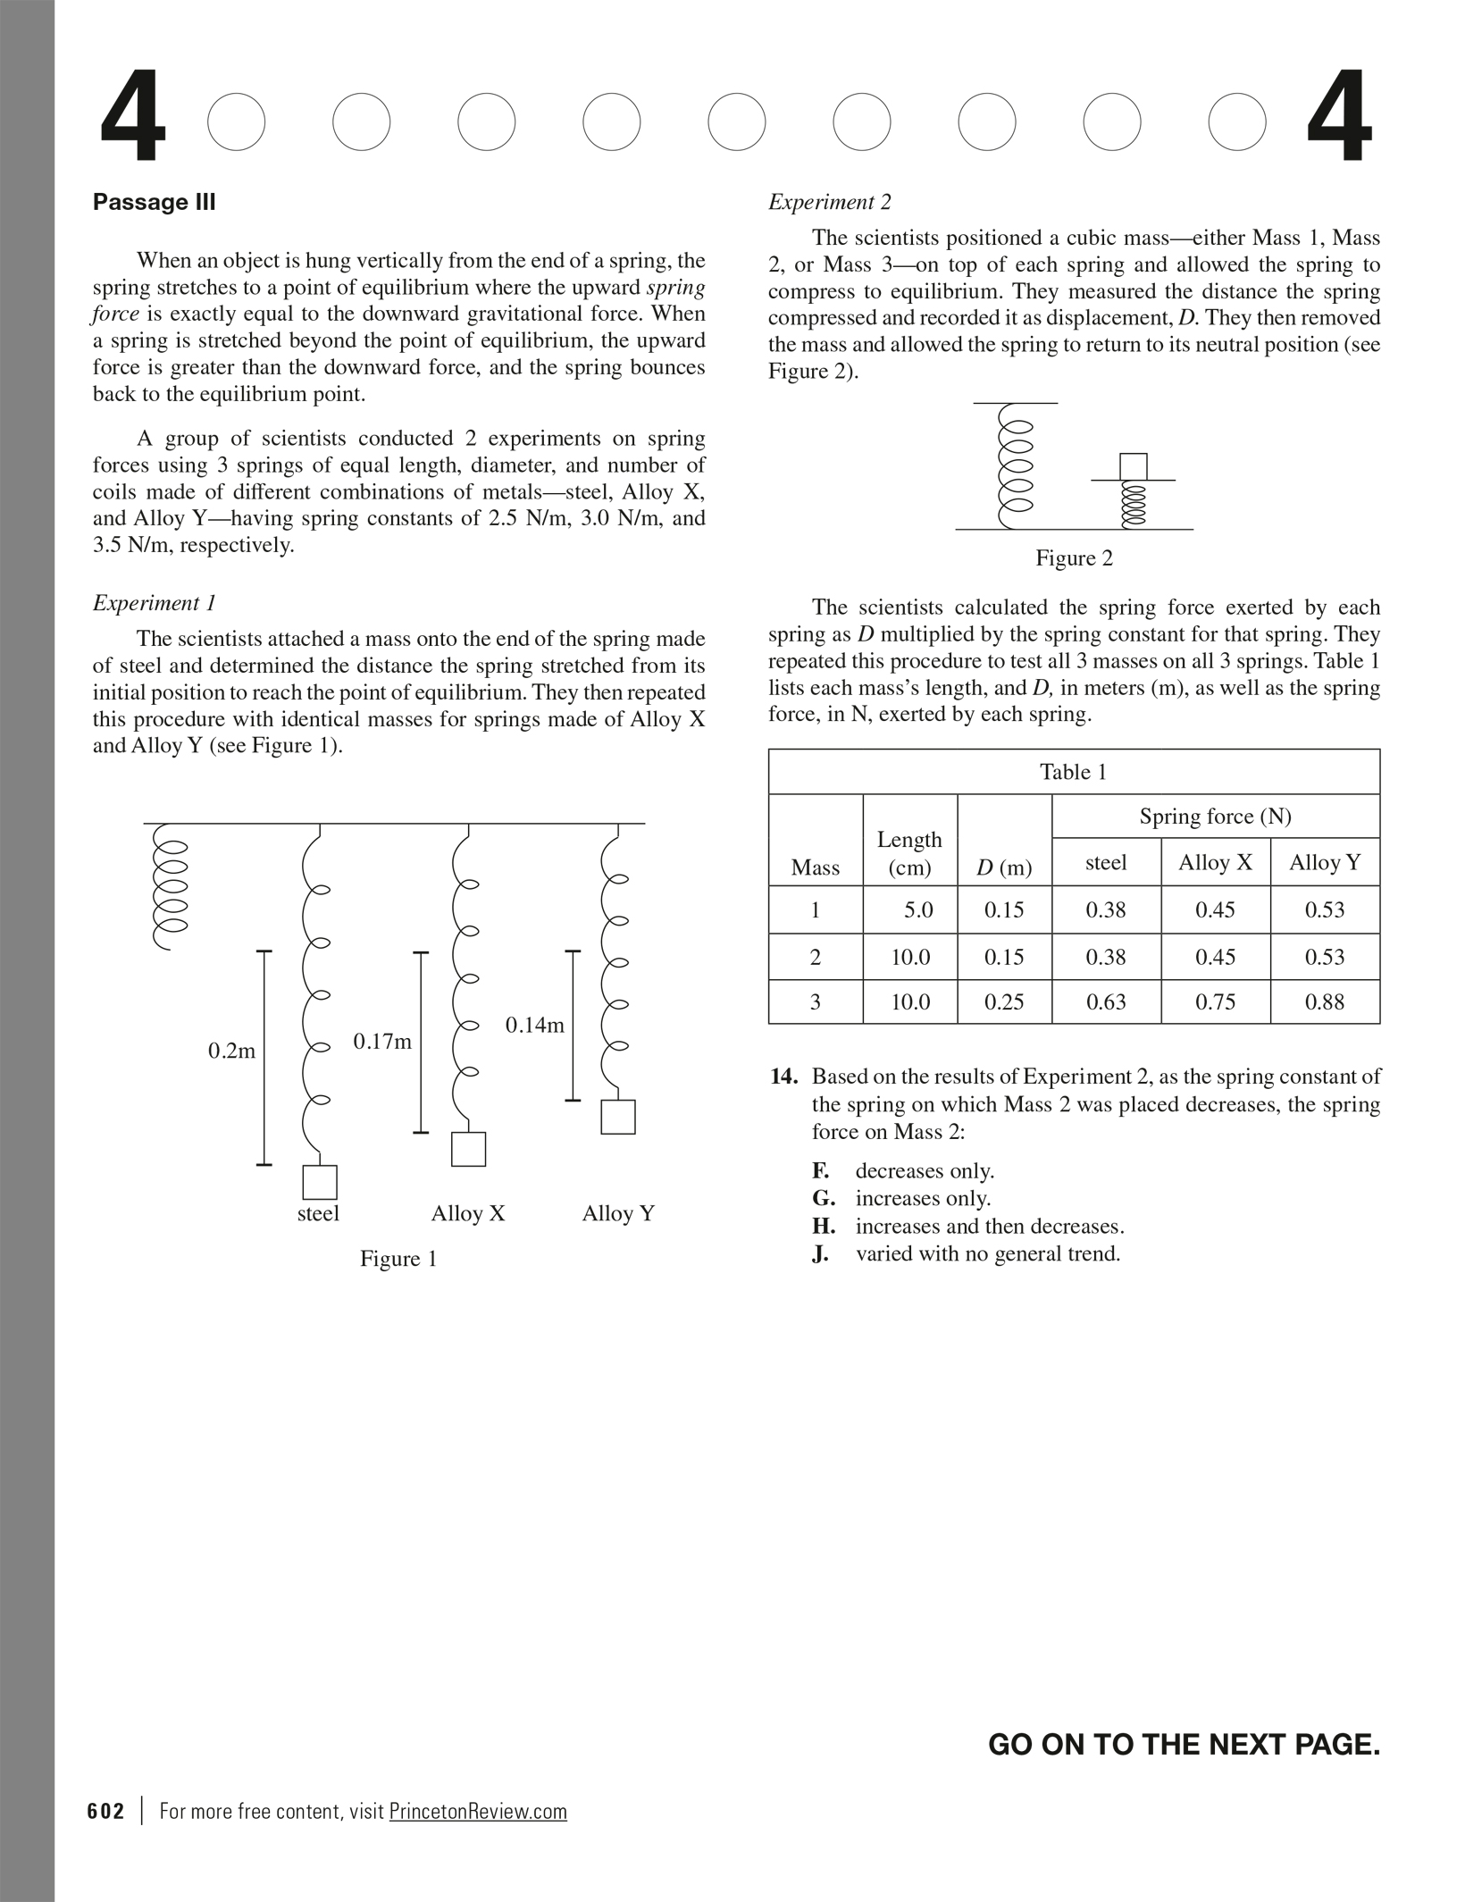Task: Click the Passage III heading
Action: pyautogui.click(x=155, y=203)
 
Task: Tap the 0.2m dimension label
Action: pyautogui.click(x=231, y=1052)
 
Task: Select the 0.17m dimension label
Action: pyautogui.click(x=382, y=1042)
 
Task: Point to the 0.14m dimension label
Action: pyautogui.click(x=535, y=1026)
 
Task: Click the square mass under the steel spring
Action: pyautogui.click(x=320, y=1182)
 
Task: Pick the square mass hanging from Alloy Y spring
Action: pyautogui.click(x=618, y=1117)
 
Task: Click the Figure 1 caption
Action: pyautogui.click(x=398, y=1259)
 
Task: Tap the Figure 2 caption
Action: pyautogui.click(x=1074, y=558)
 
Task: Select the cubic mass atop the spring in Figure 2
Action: pyautogui.click(x=1134, y=466)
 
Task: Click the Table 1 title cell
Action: pyautogui.click(x=1074, y=772)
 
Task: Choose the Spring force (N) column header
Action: pyautogui.click(x=1215, y=817)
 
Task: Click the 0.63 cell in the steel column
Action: pyautogui.click(x=1106, y=1002)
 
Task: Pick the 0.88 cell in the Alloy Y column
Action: pyautogui.click(x=1324, y=1002)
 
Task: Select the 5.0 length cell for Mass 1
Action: pyautogui.click(x=917, y=910)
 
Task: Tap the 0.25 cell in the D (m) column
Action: pyautogui.click(x=1004, y=1002)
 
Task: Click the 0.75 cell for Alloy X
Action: pyautogui.click(x=1215, y=1002)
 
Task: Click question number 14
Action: pyautogui.click(x=783, y=1077)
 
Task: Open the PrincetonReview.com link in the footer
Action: pyautogui.click(x=478, y=1812)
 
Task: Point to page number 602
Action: pyautogui.click(x=106, y=1812)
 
